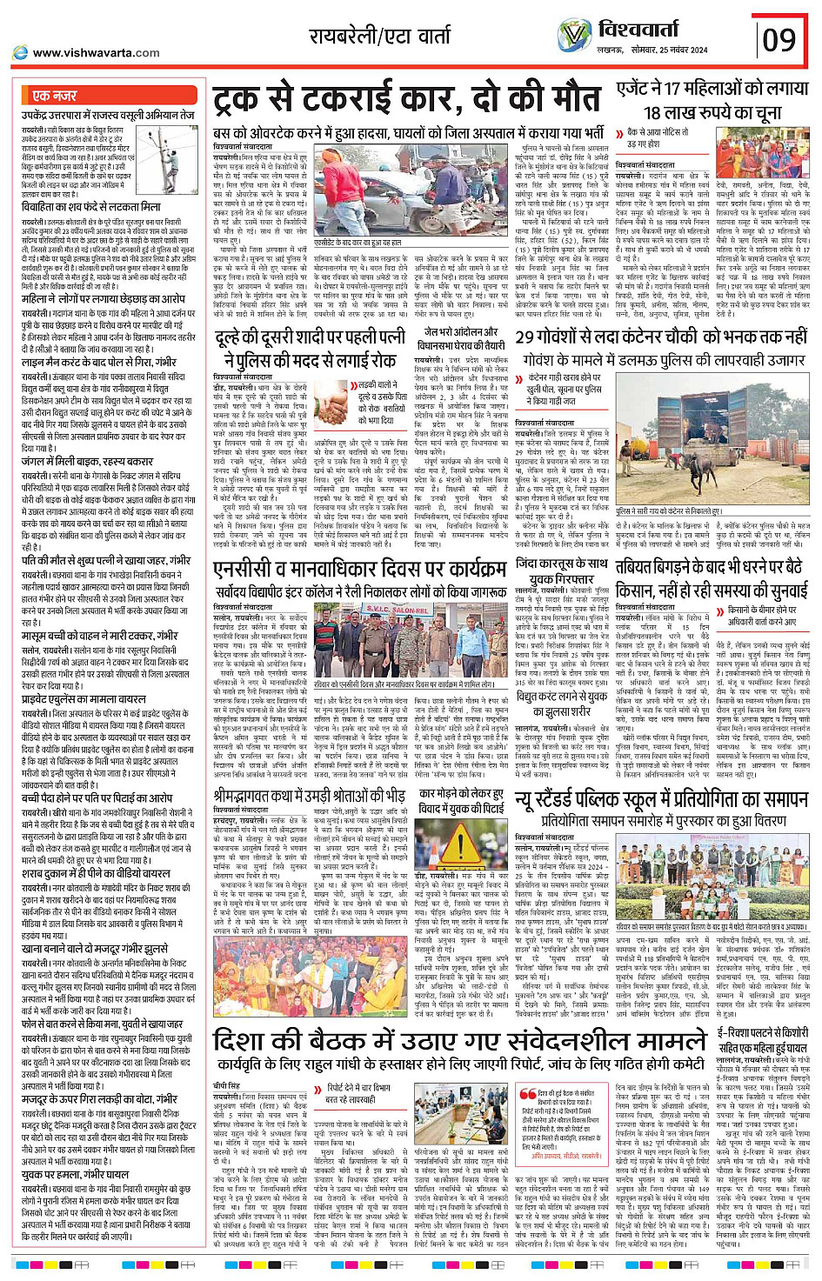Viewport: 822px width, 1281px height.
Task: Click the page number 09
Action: pos(779,39)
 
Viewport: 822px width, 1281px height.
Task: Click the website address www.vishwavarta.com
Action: pos(96,53)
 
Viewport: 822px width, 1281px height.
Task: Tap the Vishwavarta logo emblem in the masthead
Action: pos(574,36)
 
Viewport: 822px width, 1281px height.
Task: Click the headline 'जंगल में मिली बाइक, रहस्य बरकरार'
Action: pos(87,462)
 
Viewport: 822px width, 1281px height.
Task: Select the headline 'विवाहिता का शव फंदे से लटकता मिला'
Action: pos(91,207)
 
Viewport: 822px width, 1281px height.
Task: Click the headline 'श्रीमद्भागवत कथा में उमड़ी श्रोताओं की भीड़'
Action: pos(309,795)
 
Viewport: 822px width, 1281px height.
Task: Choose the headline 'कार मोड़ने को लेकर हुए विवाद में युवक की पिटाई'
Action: pos(461,801)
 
